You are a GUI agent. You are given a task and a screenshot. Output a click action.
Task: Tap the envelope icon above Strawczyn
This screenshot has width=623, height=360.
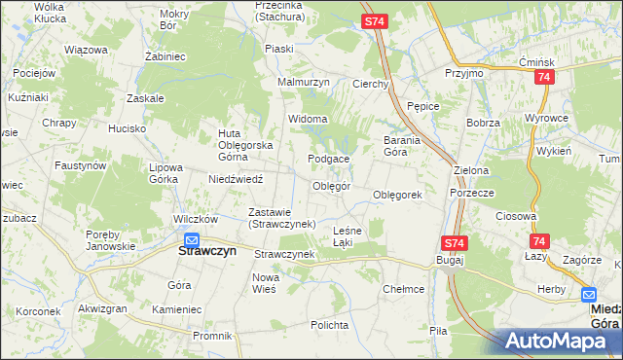coord(192,240)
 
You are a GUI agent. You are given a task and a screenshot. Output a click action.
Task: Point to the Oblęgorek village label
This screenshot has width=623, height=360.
coord(397,195)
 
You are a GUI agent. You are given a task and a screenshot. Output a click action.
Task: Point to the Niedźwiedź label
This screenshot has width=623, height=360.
coord(236,179)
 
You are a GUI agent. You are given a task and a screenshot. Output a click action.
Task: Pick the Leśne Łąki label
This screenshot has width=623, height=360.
coord(348,235)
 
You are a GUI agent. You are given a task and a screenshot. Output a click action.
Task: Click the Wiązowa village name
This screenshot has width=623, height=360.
coord(84,49)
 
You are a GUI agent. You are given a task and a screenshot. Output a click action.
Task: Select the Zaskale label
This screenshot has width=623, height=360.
coord(145,99)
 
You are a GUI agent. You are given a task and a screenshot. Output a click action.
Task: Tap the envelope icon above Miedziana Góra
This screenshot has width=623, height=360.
coord(589,294)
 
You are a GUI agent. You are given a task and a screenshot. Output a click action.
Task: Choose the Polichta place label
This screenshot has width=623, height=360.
coord(328,324)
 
